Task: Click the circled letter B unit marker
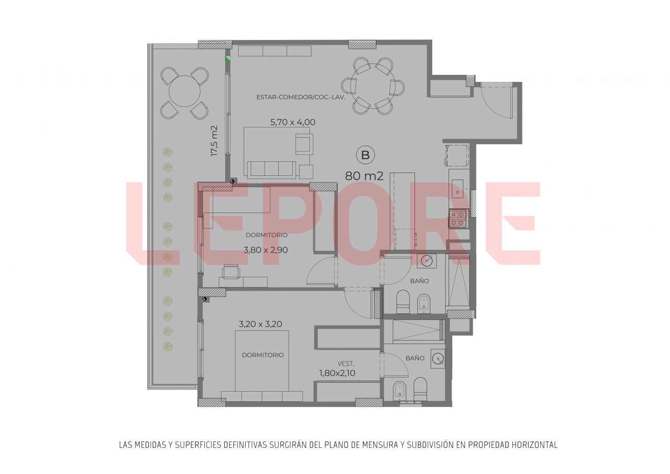(x=365, y=155)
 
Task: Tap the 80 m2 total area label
(x=364, y=176)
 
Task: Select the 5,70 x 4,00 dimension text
(x=293, y=122)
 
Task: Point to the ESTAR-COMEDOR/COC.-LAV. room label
(x=301, y=97)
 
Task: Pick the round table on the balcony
(x=185, y=91)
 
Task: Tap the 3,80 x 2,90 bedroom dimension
(x=266, y=250)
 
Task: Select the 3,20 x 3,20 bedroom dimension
(x=260, y=324)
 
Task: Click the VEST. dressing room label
(x=346, y=364)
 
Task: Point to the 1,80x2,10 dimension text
(x=337, y=373)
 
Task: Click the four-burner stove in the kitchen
(x=458, y=218)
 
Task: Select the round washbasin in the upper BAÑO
(x=427, y=261)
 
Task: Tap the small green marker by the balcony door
(x=228, y=59)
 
